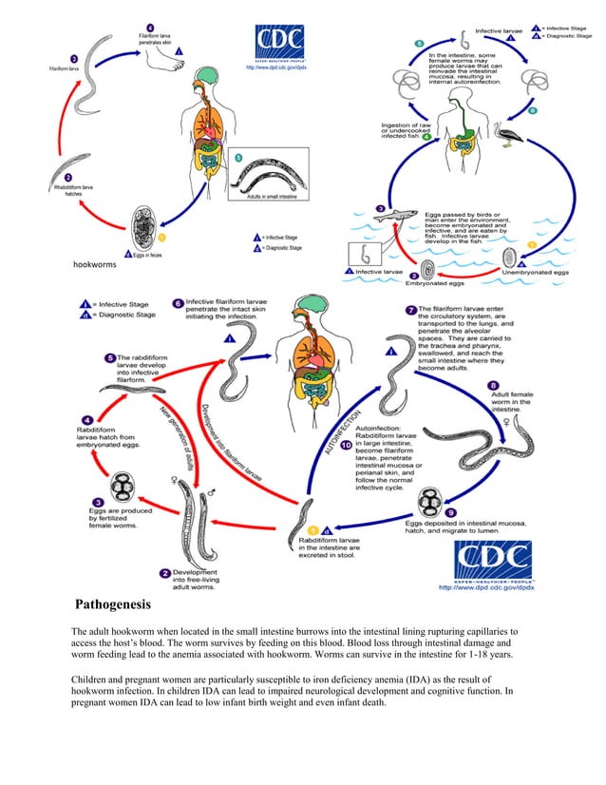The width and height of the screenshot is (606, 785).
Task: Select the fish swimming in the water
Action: tap(405, 218)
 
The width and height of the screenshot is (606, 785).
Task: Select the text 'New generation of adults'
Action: tap(181, 438)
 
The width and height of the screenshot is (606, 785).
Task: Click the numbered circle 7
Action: tap(410, 310)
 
